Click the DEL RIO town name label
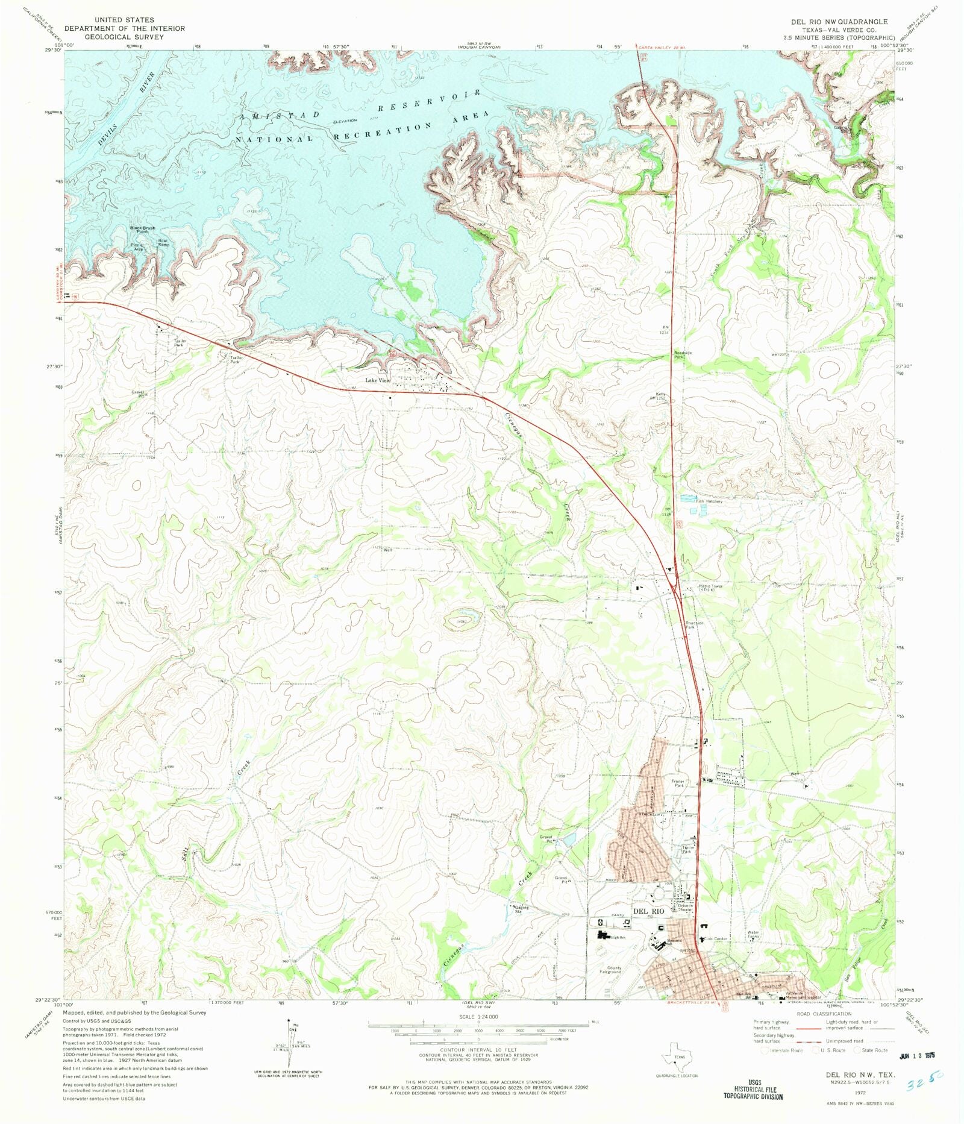pyautogui.click(x=648, y=911)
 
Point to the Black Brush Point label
pyautogui.click(x=143, y=230)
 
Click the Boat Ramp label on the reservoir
pyautogui.click(x=163, y=242)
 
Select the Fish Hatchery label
pyautogui.click(x=709, y=501)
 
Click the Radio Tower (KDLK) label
pyautogui.click(x=706, y=588)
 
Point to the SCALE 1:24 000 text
pyautogui.click(x=478, y=1017)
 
